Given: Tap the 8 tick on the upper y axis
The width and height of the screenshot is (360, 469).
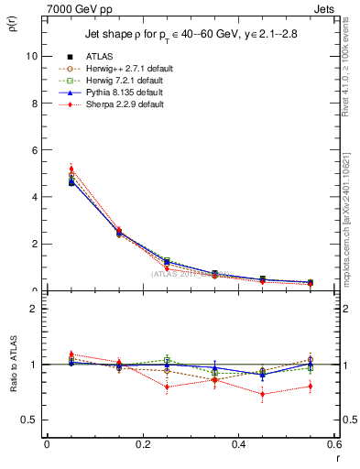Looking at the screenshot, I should pos(34,103).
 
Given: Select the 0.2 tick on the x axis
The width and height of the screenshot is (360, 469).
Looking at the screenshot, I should pos(142,443).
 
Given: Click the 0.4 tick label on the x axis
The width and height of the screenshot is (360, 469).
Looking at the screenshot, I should pos(238,443).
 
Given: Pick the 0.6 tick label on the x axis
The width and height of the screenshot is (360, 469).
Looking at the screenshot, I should pos(333,443).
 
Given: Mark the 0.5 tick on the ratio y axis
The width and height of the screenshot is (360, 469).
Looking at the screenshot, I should pos(29,420).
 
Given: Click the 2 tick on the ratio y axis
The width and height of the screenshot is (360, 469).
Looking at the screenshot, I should pos(34,309).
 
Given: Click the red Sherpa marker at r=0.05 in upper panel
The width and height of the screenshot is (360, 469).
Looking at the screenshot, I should pos(71,169).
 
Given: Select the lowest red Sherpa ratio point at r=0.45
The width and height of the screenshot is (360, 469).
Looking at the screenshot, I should pos(263,395).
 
